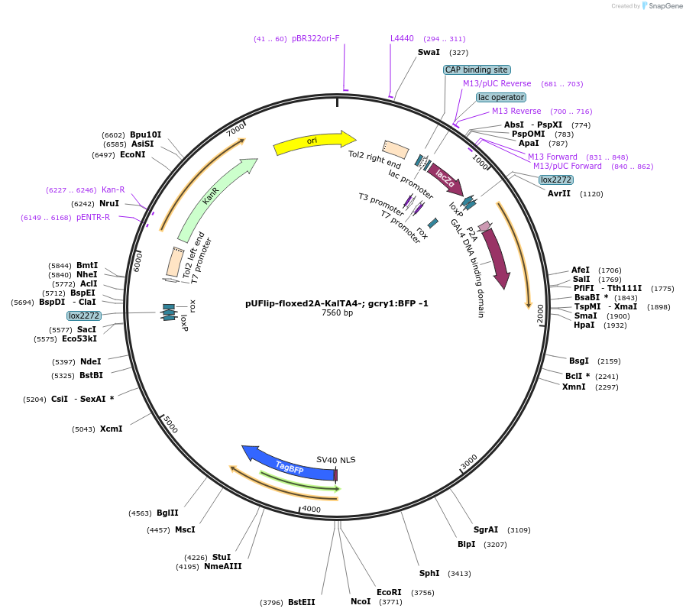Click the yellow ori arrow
(x=313, y=142)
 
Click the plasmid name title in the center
(x=337, y=303)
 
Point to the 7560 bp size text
(x=337, y=312)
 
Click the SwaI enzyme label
(x=429, y=53)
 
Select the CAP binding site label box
(x=477, y=70)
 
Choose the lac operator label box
(x=501, y=97)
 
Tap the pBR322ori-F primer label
(x=315, y=38)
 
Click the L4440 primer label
(x=402, y=38)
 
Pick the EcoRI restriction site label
(x=389, y=592)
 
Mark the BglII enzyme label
(x=167, y=513)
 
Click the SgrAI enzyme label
(x=486, y=529)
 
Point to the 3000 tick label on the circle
(x=468, y=462)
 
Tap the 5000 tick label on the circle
(x=170, y=424)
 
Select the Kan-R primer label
(x=113, y=189)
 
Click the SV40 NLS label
(x=336, y=460)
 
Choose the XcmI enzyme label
(x=111, y=429)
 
